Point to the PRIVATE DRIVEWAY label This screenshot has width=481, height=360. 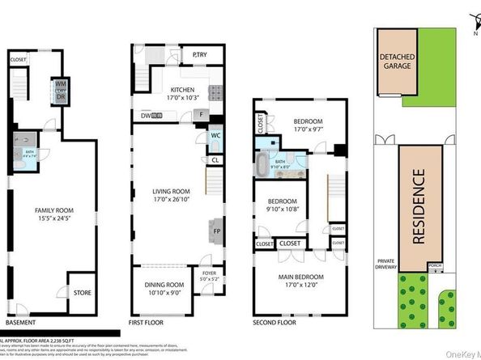[x=385, y=265]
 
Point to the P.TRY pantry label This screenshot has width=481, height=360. [x=202, y=55]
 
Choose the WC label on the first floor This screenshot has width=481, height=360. [x=215, y=136]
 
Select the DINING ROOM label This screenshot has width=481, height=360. [x=165, y=288]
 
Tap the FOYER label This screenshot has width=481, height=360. [x=210, y=280]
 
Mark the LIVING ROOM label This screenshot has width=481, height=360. [x=173, y=196]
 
